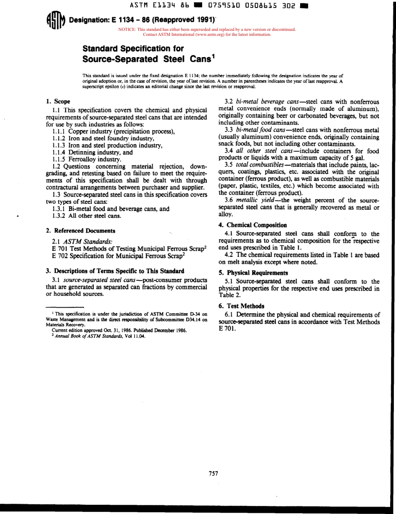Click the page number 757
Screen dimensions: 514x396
pyautogui.click(x=213, y=473)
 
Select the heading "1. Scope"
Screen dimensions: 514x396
pyautogui.click(x=58, y=101)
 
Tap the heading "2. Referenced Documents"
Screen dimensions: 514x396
pyautogui.click(x=80, y=231)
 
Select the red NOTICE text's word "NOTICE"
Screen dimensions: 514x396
pyautogui.click(x=128, y=30)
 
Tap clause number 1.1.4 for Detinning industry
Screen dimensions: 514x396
pyautogui.click(x=59, y=152)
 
